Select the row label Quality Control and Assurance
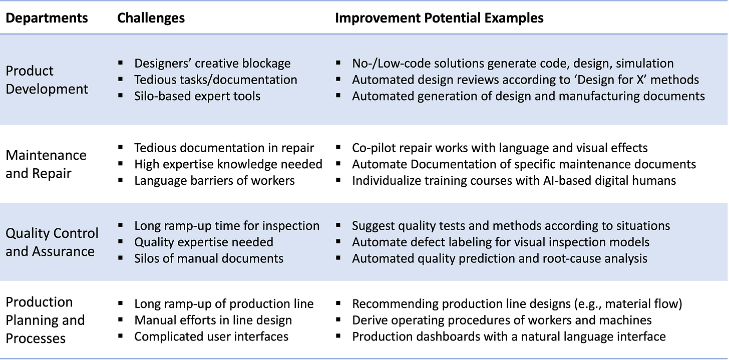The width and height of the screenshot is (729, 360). coord(52,242)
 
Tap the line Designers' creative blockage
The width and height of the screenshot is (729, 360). coord(212,64)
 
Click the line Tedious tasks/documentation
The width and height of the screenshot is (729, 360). coord(215,80)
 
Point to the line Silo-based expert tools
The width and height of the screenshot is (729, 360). coord(197,96)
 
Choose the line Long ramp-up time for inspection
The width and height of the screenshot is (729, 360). coord(226,226)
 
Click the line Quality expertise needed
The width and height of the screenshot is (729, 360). coord(203,242)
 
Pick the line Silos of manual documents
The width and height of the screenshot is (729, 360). coord(209,259)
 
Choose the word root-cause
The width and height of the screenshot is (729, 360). coord(576,259)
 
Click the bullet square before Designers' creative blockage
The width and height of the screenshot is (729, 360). coord(121,63)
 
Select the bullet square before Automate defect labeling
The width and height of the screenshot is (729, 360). coord(338,242)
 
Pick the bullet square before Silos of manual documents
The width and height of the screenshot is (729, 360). coord(121,258)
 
